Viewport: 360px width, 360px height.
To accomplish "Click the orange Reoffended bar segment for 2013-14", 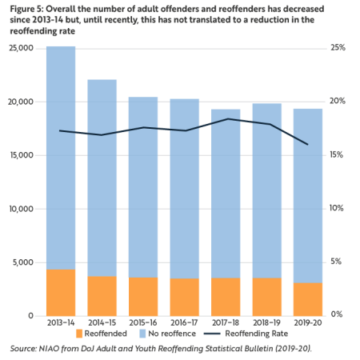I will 61,292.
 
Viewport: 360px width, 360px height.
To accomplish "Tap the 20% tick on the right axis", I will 338,102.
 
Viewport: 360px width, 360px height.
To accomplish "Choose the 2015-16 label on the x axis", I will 144,322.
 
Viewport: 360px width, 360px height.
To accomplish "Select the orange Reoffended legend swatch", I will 80,333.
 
